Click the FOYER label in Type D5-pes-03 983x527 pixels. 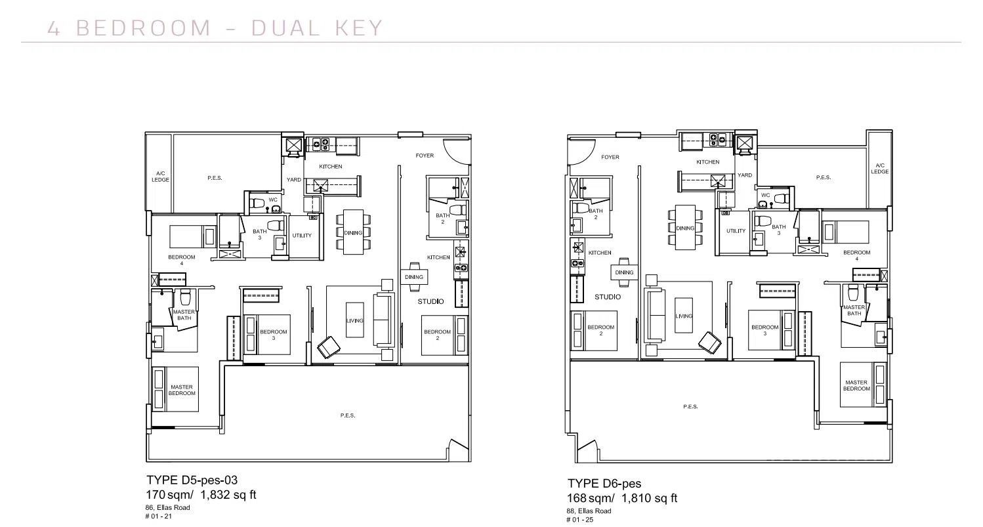point(425,156)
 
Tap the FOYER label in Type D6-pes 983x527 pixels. point(610,157)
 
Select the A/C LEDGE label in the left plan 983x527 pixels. point(160,177)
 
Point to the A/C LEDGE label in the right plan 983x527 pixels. point(879,169)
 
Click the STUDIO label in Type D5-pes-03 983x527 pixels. point(430,301)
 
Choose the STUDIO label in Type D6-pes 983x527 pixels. point(608,297)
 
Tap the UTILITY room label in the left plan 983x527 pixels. point(302,236)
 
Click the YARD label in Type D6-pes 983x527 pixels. point(745,175)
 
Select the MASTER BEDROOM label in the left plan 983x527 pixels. point(182,390)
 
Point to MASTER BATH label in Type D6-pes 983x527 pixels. point(854,310)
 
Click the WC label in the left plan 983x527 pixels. point(273,200)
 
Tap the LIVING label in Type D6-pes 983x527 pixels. point(684,316)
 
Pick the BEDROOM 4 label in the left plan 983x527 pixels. point(181,260)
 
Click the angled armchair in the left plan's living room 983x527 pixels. point(328,347)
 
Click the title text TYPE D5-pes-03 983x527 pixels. point(192,480)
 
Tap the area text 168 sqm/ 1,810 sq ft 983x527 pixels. point(622,499)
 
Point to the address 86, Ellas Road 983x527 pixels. point(167,508)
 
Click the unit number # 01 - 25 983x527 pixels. point(579,520)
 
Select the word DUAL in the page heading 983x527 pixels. point(286,28)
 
